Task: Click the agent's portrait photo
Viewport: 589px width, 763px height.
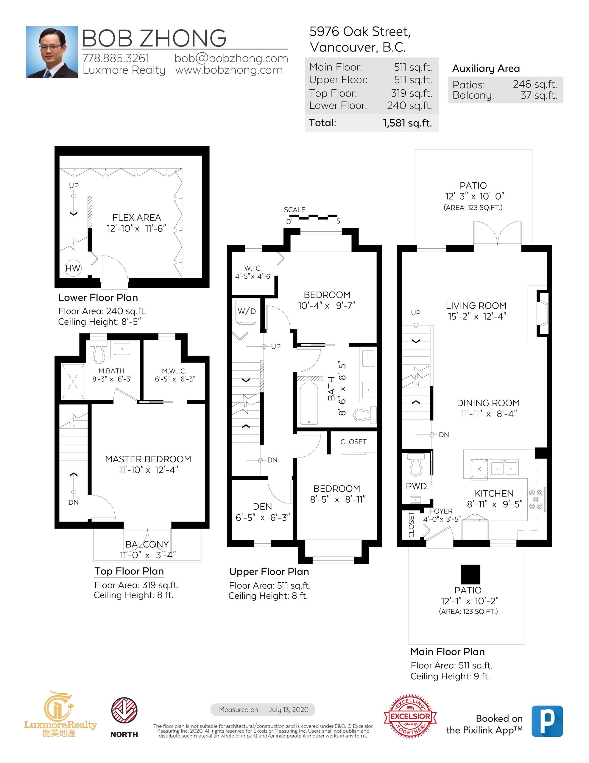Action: coord(52,52)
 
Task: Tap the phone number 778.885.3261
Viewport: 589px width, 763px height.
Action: coord(116,58)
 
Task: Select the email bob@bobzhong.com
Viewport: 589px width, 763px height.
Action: coord(231,58)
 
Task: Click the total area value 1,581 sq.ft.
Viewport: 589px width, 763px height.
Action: coord(407,123)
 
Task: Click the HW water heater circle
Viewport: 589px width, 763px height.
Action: coord(73,268)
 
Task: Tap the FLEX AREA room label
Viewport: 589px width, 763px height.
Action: coord(136,218)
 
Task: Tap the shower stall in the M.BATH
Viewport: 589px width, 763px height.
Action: coord(73,381)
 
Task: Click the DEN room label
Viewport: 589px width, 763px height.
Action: coord(262,507)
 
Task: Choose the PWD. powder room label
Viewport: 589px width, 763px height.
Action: coord(417,486)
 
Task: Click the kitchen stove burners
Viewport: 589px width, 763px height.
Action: coord(536,500)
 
